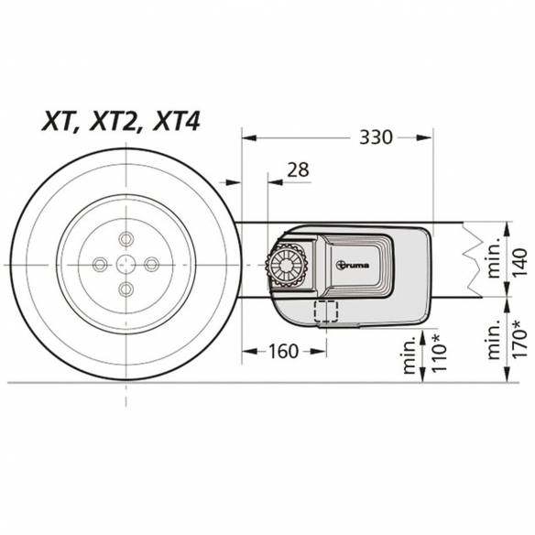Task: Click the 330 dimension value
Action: (x=376, y=137)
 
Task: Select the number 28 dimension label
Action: (x=298, y=169)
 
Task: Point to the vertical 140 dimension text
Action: (x=519, y=260)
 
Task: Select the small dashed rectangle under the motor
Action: (x=326, y=311)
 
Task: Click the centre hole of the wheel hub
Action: (x=126, y=264)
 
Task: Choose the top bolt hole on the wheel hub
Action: (x=126, y=238)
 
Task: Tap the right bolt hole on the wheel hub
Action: (x=152, y=264)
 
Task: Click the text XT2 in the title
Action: (x=122, y=122)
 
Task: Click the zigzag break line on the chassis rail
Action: (x=474, y=260)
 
